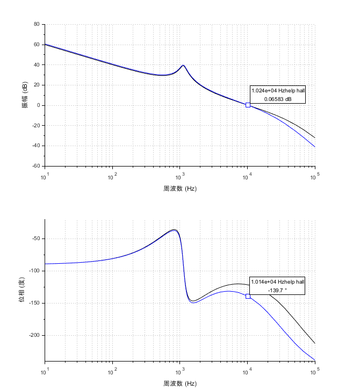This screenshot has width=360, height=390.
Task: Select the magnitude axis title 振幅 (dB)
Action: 25,95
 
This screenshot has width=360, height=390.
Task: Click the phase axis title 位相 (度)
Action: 22,290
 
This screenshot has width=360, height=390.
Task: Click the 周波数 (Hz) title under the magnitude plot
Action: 180,189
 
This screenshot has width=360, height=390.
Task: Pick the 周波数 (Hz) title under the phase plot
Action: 180,383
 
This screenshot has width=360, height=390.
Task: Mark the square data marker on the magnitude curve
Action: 248,105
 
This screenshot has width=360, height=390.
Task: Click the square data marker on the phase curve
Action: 248,296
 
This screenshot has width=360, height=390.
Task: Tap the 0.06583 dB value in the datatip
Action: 277,99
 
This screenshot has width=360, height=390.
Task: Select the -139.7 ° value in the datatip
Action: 277,290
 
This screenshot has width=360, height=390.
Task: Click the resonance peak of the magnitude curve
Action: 183,66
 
